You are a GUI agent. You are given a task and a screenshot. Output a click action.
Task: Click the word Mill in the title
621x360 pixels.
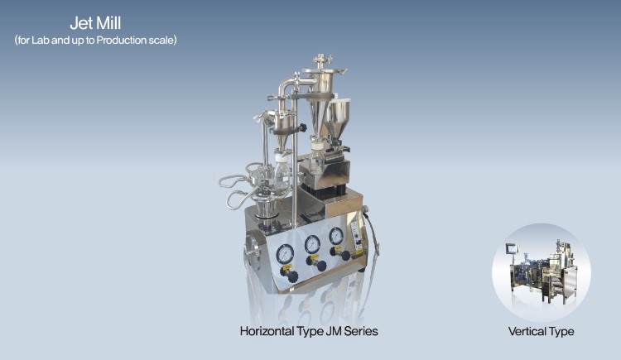pos(108,23)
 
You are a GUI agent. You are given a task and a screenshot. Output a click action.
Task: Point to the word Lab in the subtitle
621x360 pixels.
pos(41,40)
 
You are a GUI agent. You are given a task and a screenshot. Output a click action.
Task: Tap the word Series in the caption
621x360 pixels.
pos(361,331)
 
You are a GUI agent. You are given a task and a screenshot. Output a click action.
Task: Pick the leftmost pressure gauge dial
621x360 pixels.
pos(285,254)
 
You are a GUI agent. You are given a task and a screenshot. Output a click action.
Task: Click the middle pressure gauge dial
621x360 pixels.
pos(312,244)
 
